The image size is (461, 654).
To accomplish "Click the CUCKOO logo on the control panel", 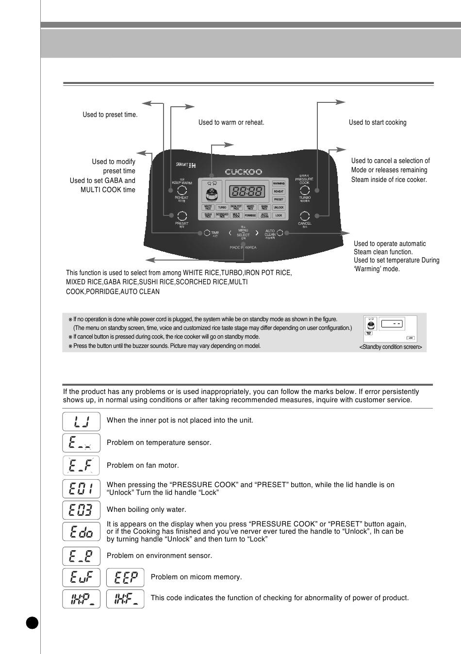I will (x=244, y=172).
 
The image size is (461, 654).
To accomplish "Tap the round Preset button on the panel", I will (x=181, y=216).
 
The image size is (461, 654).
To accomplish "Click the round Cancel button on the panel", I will (x=304, y=216).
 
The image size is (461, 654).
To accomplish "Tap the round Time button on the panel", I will (x=207, y=233).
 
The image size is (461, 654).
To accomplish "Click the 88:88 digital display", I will (x=248, y=192).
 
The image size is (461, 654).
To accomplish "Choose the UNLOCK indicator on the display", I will (x=279, y=207).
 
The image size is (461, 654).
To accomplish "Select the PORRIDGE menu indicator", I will (x=250, y=215).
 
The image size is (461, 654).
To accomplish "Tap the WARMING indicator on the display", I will (x=279, y=183).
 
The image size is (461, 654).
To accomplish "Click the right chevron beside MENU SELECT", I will (x=257, y=233).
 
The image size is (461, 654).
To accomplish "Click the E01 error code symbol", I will (x=81, y=488).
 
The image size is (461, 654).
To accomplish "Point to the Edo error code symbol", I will (x=81, y=531).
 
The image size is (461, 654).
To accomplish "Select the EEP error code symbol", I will (x=125, y=577).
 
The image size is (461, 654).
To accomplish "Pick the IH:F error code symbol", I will (x=125, y=599).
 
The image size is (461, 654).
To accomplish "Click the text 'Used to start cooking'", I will (x=378, y=122).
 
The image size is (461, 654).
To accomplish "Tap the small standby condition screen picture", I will (x=390, y=329).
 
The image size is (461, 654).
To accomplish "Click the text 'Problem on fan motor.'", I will (x=143, y=465).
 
